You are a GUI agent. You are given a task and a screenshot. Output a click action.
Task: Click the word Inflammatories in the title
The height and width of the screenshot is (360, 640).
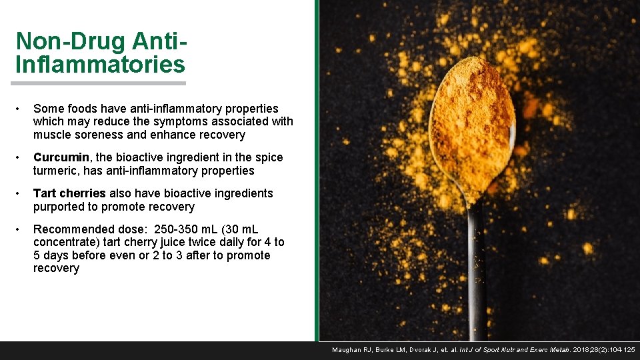tap(100, 65)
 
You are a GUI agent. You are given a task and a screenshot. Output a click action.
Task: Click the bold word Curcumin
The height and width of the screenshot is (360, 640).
tap(61, 157)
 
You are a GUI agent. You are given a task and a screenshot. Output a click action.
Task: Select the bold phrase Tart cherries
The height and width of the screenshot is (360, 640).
tap(69, 193)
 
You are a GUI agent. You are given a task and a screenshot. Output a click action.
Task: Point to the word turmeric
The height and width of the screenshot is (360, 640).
tap(57, 171)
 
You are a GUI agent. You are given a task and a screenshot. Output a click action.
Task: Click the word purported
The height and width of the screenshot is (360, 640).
tap(63, 207)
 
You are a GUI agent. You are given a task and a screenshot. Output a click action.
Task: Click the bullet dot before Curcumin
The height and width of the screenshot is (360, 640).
tap(22, 158)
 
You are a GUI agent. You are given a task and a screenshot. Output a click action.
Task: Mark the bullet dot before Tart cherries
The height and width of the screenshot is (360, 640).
tap(22, 194)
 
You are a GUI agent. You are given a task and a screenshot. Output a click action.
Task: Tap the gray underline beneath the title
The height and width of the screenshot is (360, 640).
tap(98, 83)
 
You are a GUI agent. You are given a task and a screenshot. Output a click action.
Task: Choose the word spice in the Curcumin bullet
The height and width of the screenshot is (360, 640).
tap(269, 157)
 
